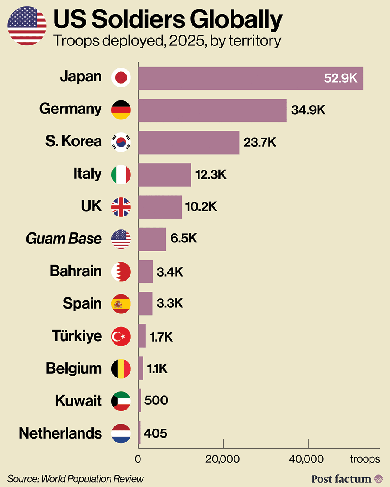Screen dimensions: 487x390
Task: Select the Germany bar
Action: point(212,110)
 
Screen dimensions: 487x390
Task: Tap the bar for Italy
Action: point(165,175)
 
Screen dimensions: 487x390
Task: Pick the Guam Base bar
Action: point(152,239)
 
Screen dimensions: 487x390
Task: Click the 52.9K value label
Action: point(341,78)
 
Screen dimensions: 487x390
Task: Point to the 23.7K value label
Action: point(260,142)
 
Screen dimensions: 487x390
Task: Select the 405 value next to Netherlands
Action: point(155,433)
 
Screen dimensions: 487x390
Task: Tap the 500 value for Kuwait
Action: point(156,400)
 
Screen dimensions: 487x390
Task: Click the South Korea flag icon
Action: point(121,142)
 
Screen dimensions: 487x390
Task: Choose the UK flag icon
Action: point(121,207)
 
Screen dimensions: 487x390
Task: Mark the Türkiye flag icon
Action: point(121,336)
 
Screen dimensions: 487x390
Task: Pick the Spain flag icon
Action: point(121,304)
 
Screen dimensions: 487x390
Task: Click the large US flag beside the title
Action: point(27,26)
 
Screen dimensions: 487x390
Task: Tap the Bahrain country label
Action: point(76,271)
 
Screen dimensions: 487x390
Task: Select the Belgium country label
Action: point(74,368)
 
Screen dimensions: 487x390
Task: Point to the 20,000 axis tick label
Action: point(223,459)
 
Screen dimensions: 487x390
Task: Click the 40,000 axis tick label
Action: point(308,459)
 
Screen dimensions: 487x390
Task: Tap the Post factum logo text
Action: point(341,478)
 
